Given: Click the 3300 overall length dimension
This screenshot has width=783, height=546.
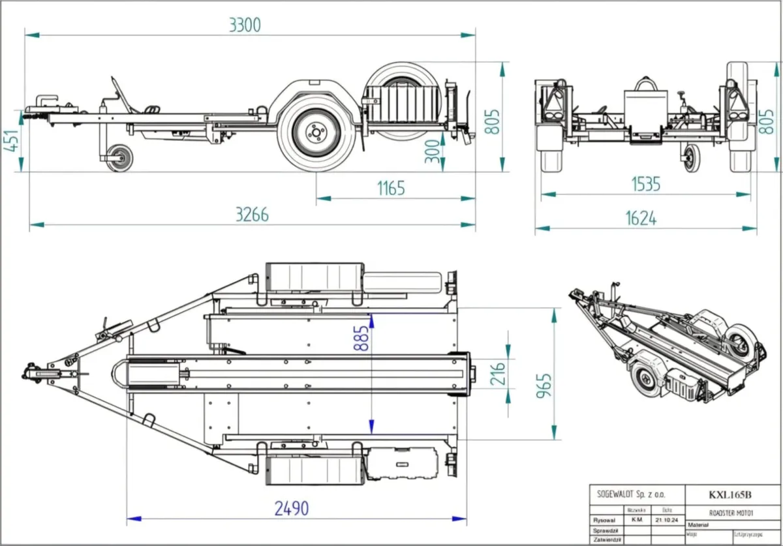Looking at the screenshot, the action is click(245, 25).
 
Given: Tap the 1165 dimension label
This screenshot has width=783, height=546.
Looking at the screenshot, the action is click(391, 188).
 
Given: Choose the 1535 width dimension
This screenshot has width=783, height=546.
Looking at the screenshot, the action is click(645, 185).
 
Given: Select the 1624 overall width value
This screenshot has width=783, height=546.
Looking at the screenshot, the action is click(641, 219).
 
